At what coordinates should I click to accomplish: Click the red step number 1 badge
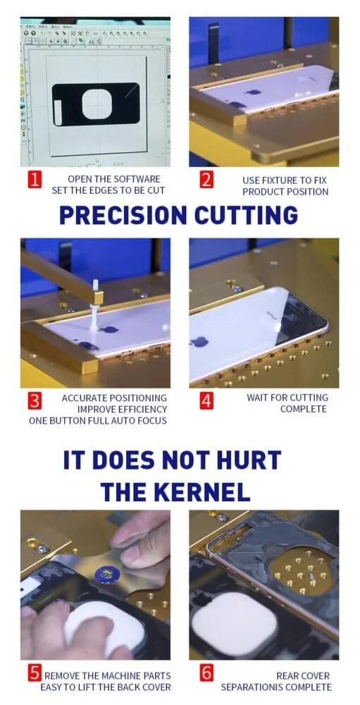(35, 180)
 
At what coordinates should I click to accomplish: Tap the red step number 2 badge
(206, 180)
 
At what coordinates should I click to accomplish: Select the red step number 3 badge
(35, 401)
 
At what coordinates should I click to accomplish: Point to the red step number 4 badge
(206, 401)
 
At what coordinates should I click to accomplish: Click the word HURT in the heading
(247, 460)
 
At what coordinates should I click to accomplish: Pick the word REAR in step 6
(287, 676)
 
